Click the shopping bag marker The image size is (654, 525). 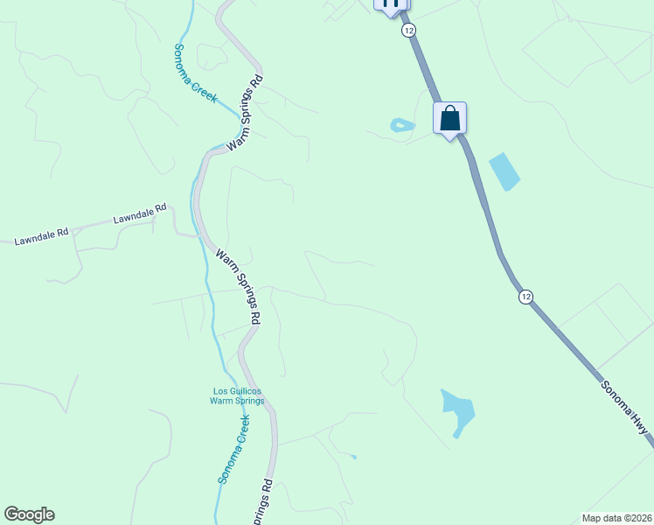pyautogui.click(x=449, y=118)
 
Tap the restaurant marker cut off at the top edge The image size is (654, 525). pyautogui.click(x=391, y=4)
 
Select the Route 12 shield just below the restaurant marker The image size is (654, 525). pyautogui.click(x=408, y=31)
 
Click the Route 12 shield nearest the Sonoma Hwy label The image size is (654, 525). pyautogui.click(x=525, y=297)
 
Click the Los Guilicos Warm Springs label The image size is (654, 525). pyautogui.click(x=236, y=395)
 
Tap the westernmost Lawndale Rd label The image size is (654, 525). pyautogui.click(x=41, y=237)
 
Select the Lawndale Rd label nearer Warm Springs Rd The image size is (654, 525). pyautogui.click(x=139, y=214)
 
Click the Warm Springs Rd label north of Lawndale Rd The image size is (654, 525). pyautogui.click(x=245, y=114)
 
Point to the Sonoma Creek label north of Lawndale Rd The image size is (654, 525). pyautogui.click(x=195, y=73)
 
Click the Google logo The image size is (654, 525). pyautogui.click(x=29, y=514)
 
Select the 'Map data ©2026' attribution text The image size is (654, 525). pyautogui.click(x=616, y=518)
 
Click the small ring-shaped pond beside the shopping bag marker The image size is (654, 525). pyautogui.click(x=401, y=126)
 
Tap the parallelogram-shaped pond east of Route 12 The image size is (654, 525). pyautogui.click(x=504, y=171)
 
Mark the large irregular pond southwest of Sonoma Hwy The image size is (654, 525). pyautogui.click(x=457, y=409)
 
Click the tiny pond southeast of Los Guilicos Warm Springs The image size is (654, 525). pyautogui.click(x=353, y=456)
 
